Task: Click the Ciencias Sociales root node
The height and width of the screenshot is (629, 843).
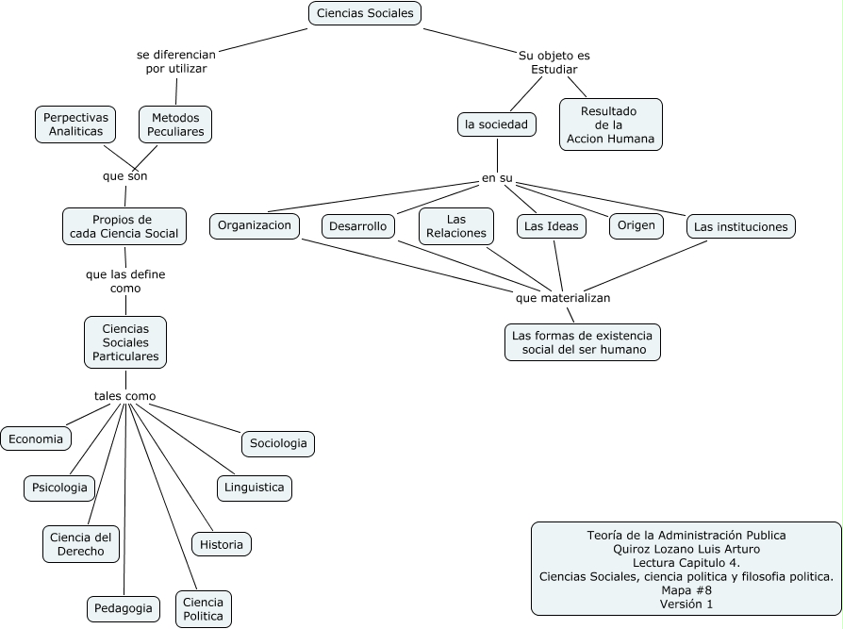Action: point(365,13)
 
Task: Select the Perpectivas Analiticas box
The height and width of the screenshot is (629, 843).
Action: point(75,124)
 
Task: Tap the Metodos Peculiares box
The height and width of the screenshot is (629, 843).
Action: point(175,124)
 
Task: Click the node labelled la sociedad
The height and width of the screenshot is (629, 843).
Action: point(497,124)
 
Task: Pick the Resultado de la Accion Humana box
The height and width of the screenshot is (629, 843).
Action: point(610,124)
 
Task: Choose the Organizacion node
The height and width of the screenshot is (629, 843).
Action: point(255,225)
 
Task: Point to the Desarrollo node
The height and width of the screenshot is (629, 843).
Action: point(358,226)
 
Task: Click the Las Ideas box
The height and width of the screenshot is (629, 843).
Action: point(552,226)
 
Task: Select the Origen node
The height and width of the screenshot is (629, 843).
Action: point(636,225)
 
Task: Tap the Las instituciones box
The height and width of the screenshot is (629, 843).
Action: point(740,226)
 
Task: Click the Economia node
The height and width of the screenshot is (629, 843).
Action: point(36,439)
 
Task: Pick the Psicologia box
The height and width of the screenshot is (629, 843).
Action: point(59,488)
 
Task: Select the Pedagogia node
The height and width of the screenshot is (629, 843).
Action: point(124,608)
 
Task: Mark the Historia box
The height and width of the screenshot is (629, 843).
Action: point(222,544)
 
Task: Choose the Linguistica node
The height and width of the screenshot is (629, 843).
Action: point(255,488)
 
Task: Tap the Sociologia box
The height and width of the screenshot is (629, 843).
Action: point(277,443)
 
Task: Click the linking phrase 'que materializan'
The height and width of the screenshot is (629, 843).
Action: point(563,298)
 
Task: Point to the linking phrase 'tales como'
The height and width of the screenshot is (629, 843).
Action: point(125,396)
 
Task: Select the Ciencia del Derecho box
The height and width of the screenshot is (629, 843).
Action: point(81,544)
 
